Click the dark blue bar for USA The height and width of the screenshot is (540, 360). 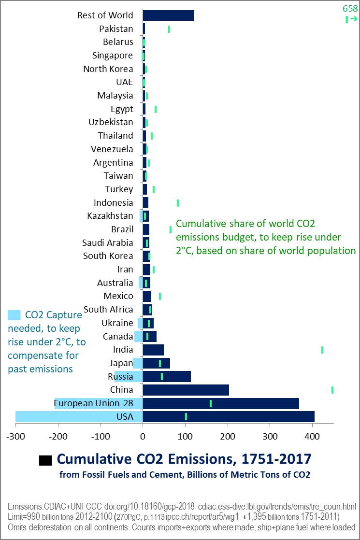pyautogui.click(x=228, y=416)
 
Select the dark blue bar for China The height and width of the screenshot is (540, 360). pyautogui.click(x=186, y=390)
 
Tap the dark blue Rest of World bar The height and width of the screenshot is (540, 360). pyautogui.click(x=168, y=15)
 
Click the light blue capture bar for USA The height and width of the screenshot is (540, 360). pyautogui.click(x=79, y=416)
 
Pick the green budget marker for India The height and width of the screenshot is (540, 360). pyautogui.click(x=322, y=350)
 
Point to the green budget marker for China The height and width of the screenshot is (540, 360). pyautogui.click(x=332, y=390)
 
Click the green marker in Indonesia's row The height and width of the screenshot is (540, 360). pyautogui.click(x=178, y=203)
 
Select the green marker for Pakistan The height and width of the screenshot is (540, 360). pyautogui.click(x=169, y=29)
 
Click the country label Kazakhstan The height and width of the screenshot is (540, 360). pyautogui.click(x=110, y=216)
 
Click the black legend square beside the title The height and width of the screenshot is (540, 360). pyautogui.click(x=45, y=460)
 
